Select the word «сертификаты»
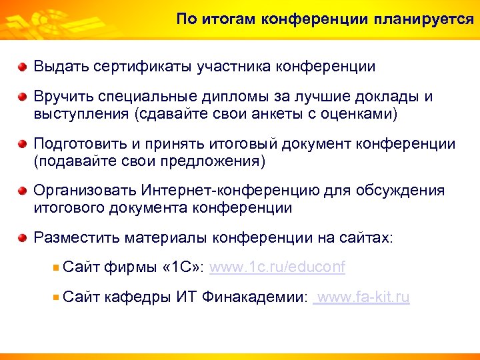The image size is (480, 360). (142, 67)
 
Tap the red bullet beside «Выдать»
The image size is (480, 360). (23, 67)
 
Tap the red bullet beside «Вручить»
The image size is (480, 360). (23, 97)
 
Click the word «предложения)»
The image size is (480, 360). (219, 161)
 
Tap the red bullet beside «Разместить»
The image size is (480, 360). (23, 238)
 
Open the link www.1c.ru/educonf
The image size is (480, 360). (277, 267)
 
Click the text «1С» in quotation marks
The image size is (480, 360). (183, 267)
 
